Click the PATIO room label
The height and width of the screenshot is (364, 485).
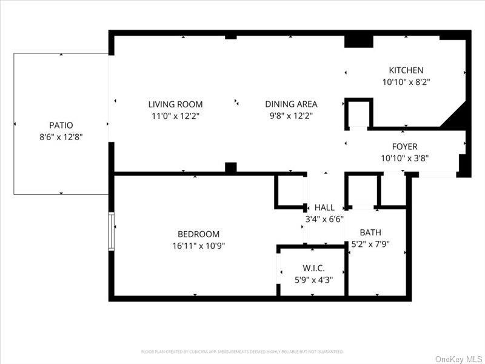coord(61,125)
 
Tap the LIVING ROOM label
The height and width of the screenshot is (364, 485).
coord(176,104)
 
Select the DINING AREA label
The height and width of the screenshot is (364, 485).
coord(291,104)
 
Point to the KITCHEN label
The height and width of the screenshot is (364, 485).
coord(406,70)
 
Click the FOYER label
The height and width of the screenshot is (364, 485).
coord(404,147)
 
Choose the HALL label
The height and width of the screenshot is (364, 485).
coord(324,208)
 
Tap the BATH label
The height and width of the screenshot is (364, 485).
coord(370,232)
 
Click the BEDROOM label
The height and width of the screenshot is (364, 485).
coord(198,234)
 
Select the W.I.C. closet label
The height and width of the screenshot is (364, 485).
coord(314,268)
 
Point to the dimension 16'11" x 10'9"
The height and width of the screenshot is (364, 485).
coord(198,246)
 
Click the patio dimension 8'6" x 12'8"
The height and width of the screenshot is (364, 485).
coord(61,137)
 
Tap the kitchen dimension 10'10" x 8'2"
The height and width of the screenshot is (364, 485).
coord(406,82)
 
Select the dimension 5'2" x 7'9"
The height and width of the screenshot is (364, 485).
coord(370,244)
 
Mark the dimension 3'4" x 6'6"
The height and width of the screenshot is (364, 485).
coord(324,220)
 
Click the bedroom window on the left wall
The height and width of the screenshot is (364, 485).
coord(112,231)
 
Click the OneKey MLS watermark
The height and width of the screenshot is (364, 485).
coord(458,359)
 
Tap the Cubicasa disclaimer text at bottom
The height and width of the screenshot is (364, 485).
coord(242,351)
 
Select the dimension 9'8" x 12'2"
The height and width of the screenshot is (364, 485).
coord(291,116)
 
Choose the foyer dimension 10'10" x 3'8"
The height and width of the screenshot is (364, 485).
coord(404,158)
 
